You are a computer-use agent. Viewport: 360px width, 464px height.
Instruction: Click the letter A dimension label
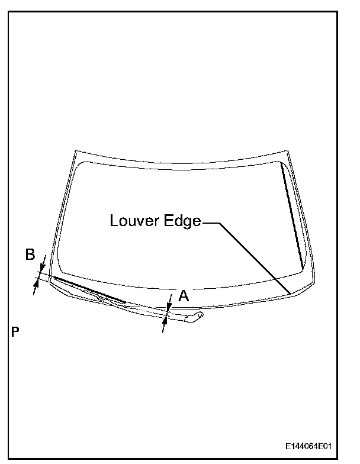[x=184, y=296]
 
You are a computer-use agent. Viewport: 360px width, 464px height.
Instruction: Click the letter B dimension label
[x=30, y=255]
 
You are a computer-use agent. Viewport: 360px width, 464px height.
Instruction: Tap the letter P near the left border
[x=15, y=332]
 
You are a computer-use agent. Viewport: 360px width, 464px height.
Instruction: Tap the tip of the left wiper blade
[x=52, y=276]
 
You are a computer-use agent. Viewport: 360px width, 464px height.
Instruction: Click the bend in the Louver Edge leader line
[x=220, y=223]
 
